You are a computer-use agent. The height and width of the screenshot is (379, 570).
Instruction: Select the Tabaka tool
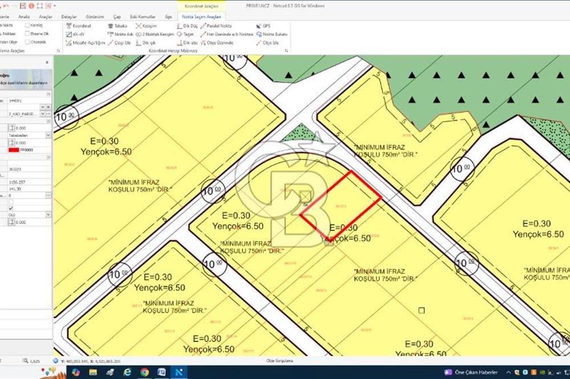pos(117,26)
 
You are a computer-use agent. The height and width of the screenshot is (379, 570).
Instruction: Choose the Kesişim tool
pos(147,26)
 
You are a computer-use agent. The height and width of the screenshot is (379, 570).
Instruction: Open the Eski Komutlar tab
pos(143,17)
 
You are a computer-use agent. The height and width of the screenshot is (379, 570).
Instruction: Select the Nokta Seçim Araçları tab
pos(201,17)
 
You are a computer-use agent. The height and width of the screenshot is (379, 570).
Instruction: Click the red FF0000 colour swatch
pos(14,150)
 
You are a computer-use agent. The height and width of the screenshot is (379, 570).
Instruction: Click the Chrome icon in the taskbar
pos(144,372)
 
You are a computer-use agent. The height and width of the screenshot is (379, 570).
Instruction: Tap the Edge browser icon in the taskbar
pos(128,372)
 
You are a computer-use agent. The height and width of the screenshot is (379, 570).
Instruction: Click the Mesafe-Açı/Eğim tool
pos(86,42)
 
